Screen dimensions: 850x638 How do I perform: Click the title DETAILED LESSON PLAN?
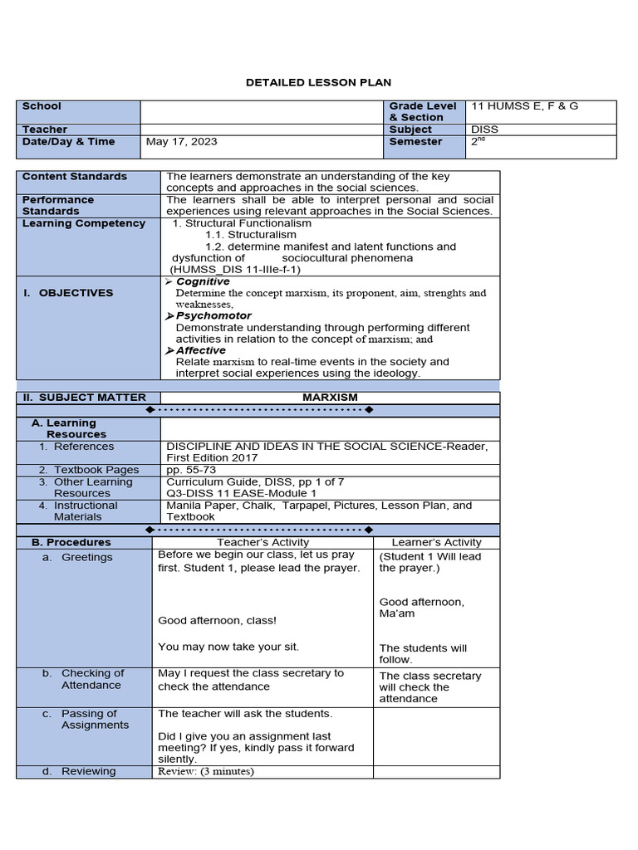[x=318, y=82]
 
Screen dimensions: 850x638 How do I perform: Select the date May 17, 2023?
[x=181, y=142]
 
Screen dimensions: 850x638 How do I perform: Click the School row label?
[x=42, y=106]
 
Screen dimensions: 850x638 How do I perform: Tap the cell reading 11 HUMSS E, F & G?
[x=524, y=106]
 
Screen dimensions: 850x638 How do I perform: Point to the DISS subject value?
[x=485, y=129]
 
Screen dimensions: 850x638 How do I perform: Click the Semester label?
[x=415, y=142]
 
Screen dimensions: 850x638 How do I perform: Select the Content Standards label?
[x=75, y=177]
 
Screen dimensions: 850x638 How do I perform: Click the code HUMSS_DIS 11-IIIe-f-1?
[x=235, y=270]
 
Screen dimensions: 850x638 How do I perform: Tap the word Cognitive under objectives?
[x=203, y=282]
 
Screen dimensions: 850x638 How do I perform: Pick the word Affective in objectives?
[x=200, y=350]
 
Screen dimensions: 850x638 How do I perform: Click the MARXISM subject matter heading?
[x=330, y=398]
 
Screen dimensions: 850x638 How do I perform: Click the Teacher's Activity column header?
[x=263, y=542]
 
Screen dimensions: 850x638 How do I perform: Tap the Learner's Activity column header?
[x=436, y=542]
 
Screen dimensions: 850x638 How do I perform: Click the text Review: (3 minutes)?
[x=206, y=771]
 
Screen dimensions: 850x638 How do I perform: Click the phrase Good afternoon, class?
[x=217, y=620]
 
